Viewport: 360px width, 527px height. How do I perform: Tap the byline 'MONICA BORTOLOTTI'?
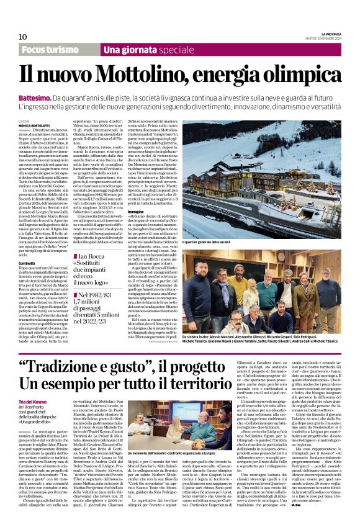(35, 125)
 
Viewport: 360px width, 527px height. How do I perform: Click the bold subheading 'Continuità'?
(27, 245)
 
